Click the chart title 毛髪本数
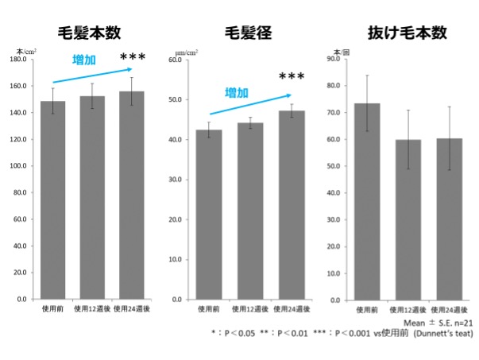(x=89, y=33)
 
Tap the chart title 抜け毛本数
(x=407, y=33)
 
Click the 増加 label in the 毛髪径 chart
(x=237, y=93)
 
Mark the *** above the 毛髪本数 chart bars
(x=133, y=57)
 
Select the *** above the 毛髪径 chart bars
(x=292, y=77)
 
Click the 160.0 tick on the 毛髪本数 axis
(x=19, y=86)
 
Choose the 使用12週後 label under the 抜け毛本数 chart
(x=406, y=309)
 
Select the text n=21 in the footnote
(x=460, y=323)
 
